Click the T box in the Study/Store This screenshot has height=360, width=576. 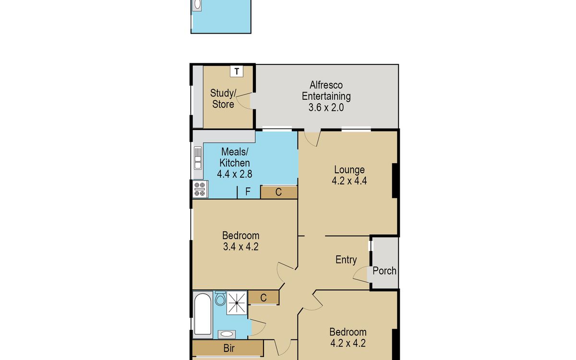[x=237, y=71]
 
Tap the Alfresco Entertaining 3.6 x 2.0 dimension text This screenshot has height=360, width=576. [x=326, y=108]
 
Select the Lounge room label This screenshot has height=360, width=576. [x=349, y=170]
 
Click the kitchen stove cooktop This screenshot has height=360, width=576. [x=200, y=189]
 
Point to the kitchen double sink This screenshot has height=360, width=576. [x=198, y=158]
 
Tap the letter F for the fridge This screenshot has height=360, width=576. [x=248, y=192]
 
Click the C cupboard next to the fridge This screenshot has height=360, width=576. [x=279, y=192]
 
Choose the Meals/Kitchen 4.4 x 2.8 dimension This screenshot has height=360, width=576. [x=235, y=174]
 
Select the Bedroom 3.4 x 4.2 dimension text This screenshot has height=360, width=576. [x=240, y=247]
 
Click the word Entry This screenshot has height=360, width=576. [x=346, y=260]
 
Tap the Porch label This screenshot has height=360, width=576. [x=384, y=271]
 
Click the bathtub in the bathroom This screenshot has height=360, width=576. [x=203, y=314]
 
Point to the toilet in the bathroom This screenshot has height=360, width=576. [x=220, y=298]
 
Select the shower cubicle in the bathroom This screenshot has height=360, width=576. [x=237, y=303]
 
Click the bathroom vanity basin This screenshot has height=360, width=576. [x=227, y=334]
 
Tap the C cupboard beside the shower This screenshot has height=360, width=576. [x=264, y=298]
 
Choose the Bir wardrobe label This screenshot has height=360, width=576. [x=229, y=348]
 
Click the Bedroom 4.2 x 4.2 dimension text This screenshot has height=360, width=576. [x=348, y=343]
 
